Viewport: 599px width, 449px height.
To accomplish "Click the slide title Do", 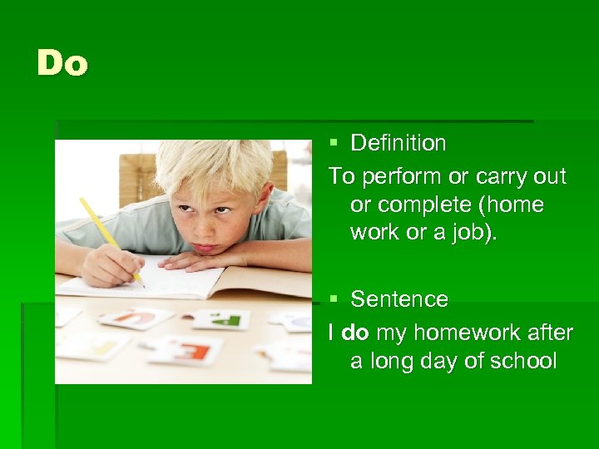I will pyautogui.click(x=62, y=64).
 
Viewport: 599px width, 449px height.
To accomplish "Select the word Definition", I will pyautogui.click(x=398, y=143).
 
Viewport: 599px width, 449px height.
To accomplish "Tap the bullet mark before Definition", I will pyautogui.click(x=334, y=144).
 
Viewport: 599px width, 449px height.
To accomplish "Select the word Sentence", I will pyautogui.click(x=399, y=299).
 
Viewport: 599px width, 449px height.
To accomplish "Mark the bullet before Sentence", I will pyautogui.click(x=334, y=299).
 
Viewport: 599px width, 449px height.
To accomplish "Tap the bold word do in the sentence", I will pyautogui.click(x=355, y=333).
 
